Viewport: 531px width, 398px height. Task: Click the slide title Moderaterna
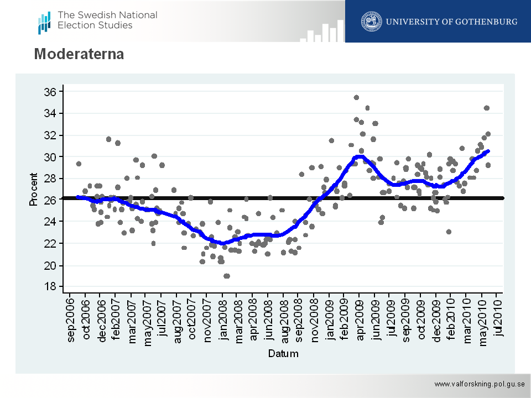point(79,54)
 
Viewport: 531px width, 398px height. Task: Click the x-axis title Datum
point(283,354)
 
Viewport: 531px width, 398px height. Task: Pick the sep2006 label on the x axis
point(70,321)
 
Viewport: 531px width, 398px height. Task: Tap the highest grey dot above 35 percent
point(356,98)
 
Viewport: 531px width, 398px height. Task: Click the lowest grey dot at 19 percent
point(227,276)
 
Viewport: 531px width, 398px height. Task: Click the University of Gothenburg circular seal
point(371,22)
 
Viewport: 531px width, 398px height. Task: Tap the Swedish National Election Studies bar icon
point(44,22)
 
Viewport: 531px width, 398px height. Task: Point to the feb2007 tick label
point(116,321)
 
